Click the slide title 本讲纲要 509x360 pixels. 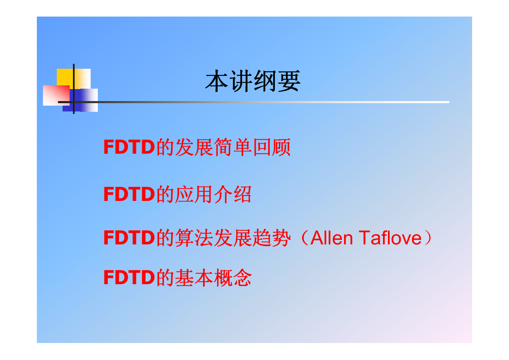253,81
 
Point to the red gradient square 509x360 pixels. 56,95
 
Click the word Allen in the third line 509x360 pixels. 332,238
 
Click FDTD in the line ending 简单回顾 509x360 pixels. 129,147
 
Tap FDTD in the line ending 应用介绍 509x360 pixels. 129,194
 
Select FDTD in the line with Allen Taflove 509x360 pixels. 129,237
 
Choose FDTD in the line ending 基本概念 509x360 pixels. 129,277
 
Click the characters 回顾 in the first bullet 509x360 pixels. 272,147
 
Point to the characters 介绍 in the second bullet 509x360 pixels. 233,194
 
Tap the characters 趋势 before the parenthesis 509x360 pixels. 272,238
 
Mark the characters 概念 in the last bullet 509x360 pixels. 233,278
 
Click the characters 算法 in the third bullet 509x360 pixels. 194,238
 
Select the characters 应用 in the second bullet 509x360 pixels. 194,194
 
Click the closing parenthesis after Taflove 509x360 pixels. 428,238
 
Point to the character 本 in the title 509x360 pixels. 216,81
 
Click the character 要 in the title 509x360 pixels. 289,81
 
